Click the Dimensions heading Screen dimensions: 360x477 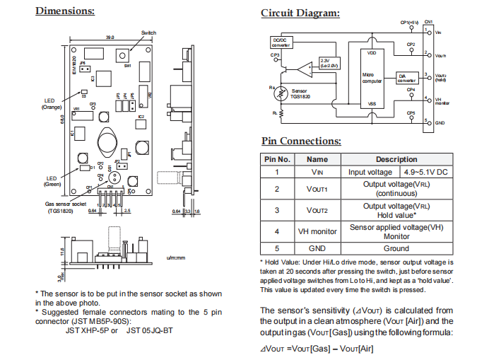[64, 11]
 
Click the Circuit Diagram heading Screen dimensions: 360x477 [300, 13]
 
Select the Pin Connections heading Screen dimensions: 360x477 [301, 141]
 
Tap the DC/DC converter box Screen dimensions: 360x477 [281, 42]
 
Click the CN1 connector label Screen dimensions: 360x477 [429, 23]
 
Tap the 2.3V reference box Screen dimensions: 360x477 [329, 62]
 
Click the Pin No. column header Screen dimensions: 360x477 [277, 159]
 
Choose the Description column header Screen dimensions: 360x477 [396, 159]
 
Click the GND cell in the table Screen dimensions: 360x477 [317, 248]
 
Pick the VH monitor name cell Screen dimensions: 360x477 [317, 231]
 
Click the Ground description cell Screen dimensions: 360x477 [396, 248]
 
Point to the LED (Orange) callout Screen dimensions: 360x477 [52, 104]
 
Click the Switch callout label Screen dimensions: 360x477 [148, 33]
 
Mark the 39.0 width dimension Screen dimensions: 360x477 [110, 37]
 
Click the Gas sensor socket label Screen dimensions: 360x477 [65, 206]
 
